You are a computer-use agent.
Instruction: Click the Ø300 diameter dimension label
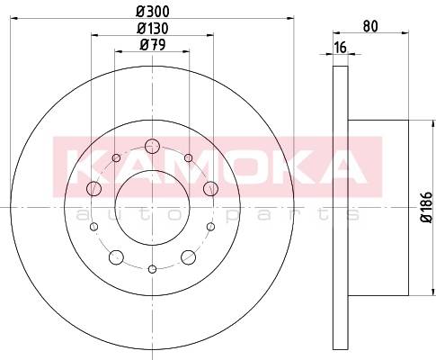(153, 12)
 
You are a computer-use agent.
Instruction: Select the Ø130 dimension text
(153, 29)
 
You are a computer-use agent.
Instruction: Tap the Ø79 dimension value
(153, 45)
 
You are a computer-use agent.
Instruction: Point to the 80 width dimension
(370, 26)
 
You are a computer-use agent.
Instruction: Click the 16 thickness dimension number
(341, 48)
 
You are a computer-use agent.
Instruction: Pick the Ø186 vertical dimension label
(427, 207)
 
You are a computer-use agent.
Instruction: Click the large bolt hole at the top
(152, 146)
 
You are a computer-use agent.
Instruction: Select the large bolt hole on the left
(93, 189)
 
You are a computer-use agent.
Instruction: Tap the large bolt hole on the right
(210, 189)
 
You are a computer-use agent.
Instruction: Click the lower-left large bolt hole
(116, 257)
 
